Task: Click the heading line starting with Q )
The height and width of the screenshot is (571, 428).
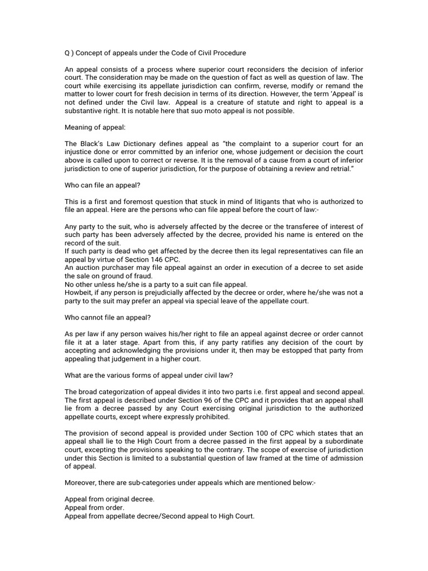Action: [155, 53]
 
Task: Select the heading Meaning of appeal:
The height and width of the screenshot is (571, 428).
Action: [96, 128]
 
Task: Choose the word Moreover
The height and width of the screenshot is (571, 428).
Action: [82, 484]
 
